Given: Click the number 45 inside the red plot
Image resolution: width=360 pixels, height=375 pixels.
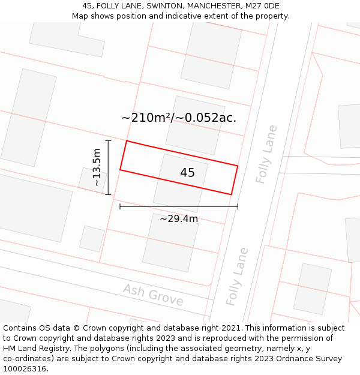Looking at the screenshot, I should pos(187,173).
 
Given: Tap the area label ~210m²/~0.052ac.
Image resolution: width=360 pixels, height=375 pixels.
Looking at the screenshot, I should pos(179,118).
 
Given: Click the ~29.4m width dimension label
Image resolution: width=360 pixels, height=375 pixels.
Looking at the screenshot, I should pos(179,219).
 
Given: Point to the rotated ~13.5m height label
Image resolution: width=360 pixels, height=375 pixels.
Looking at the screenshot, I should pos(97,168).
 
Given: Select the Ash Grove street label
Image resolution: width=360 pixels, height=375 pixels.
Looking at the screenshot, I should pos(153,295).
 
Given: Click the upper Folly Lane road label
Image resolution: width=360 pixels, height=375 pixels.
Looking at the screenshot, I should pos(266,154).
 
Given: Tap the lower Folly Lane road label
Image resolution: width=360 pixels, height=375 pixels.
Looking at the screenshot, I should pos(237,276).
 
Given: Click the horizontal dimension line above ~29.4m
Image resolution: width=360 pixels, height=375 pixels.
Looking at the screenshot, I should pos(179,206).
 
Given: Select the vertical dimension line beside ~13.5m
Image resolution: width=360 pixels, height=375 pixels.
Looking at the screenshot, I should pos(108,167).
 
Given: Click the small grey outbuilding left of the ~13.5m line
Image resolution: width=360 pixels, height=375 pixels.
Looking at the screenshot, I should pos(92,179).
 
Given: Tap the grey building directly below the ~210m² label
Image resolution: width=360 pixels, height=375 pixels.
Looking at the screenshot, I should pos(195,125).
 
